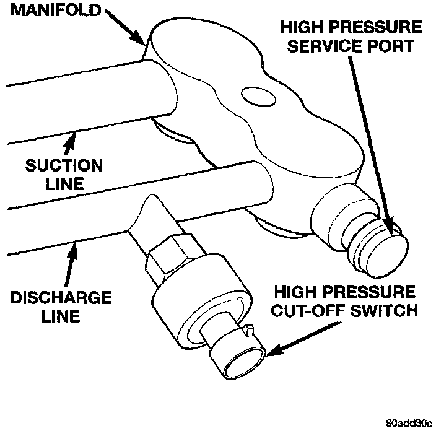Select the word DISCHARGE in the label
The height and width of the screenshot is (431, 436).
[61, 298]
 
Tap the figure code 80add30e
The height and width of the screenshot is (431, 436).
[408, 423]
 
